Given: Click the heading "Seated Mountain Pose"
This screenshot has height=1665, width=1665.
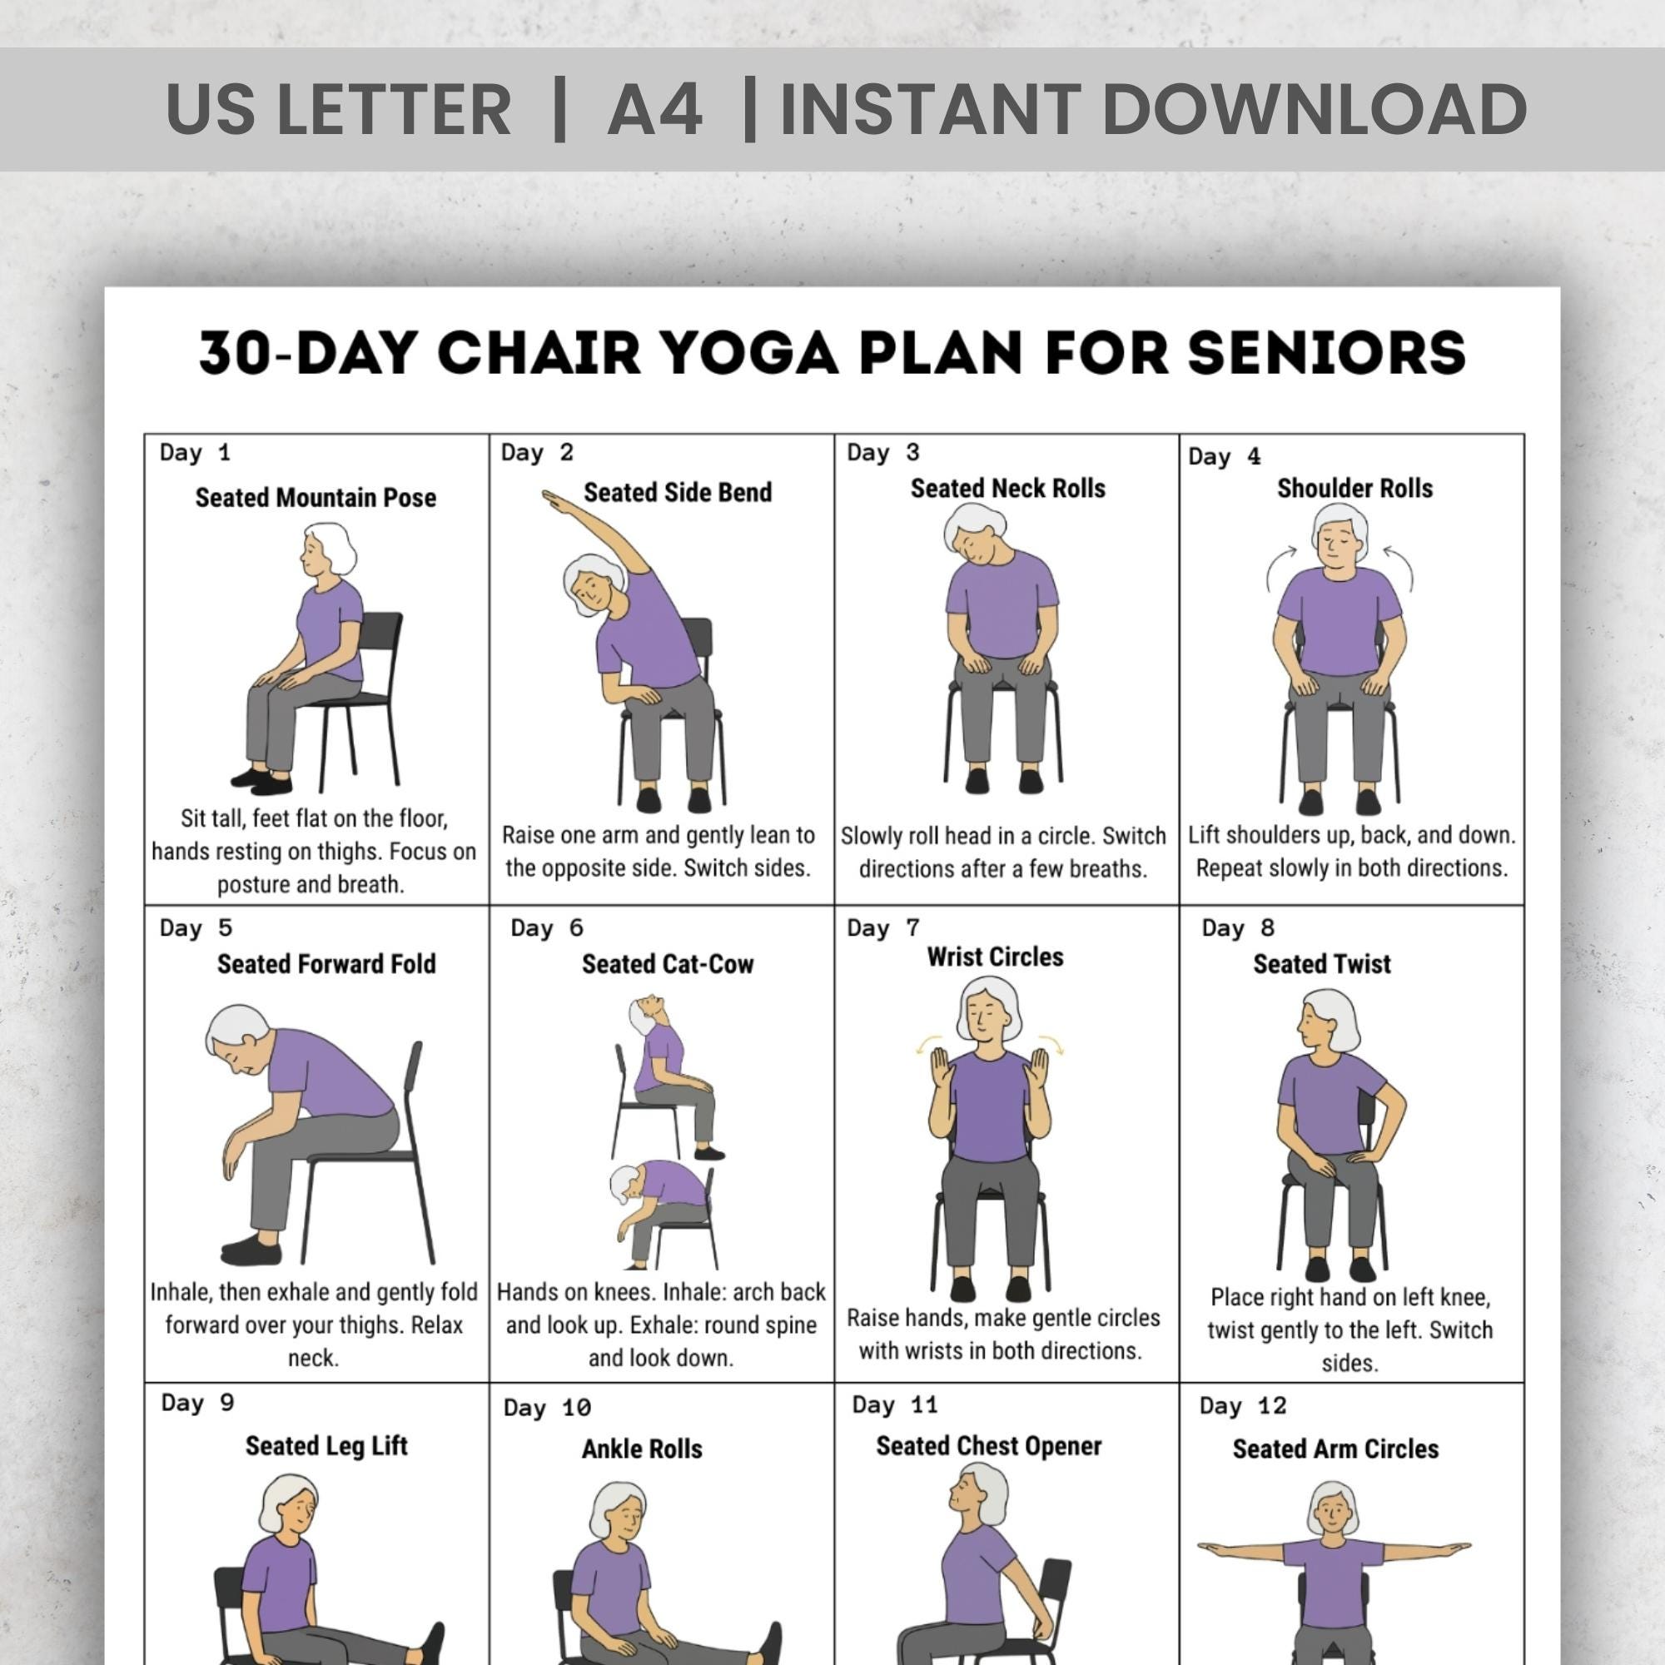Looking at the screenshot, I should (x=316, y=497).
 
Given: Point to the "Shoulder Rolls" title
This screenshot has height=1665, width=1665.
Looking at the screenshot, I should (x=1354, y=489).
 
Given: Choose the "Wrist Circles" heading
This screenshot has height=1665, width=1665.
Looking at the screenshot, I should (x=995, y=957).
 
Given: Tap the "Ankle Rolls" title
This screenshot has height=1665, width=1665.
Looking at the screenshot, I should (x=642, y=1449).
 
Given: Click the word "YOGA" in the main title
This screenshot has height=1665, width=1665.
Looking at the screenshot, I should (x=752, y=352).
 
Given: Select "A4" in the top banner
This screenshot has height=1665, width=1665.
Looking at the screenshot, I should (x=655, y=109).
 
